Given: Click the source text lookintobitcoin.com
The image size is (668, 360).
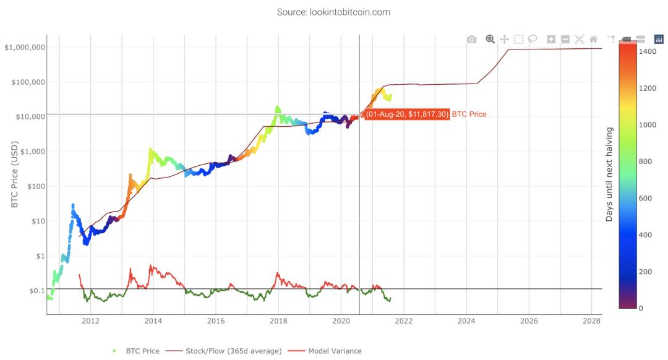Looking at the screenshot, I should [x=333, y=12].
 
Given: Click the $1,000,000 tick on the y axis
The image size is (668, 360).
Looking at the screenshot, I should [x=25, y=48].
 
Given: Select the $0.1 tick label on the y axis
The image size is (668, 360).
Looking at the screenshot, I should [x=33, y=291].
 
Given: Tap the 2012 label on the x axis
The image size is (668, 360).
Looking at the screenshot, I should [x=90, y=321].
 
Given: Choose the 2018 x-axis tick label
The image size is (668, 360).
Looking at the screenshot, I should [x=278, y=321].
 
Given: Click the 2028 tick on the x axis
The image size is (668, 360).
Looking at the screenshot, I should [x=592, y=321].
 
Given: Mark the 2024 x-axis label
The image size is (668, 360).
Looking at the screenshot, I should [x=466, y=321].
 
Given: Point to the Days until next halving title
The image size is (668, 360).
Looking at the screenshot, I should [x=609, y=174].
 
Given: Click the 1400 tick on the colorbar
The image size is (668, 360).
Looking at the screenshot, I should [x=648, y=51].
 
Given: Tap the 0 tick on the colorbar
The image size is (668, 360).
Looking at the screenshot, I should [x=641, y=308].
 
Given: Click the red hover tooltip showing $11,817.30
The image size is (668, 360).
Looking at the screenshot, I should [x=406, y=114].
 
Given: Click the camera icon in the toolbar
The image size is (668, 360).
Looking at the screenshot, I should [x=472, y=40].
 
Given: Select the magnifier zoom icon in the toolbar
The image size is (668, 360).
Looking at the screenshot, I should [x=490, y=39].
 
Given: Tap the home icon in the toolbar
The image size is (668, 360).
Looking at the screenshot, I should [x=593, y=40].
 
